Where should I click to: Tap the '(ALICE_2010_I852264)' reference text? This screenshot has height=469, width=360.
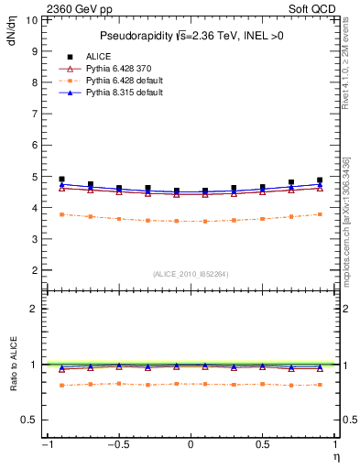pos(190,274)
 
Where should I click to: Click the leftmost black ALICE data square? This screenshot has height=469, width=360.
pos(61,180)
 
